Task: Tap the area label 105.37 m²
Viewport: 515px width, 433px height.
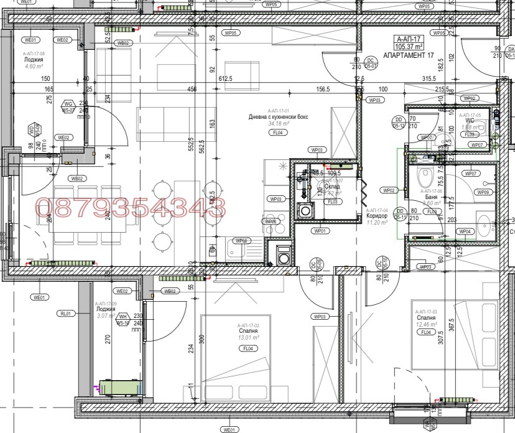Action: point(410,46)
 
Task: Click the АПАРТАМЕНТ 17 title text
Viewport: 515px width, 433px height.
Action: point(409,55)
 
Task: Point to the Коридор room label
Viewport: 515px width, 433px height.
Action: point(377,216)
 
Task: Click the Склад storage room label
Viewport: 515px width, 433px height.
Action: point(332,186)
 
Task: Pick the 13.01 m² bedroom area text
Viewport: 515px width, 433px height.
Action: point(247,338)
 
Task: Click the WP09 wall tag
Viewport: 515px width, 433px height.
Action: point(483,192)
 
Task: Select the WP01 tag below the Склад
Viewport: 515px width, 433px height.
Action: point(321,231)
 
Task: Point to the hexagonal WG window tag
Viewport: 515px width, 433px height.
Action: point(69,104)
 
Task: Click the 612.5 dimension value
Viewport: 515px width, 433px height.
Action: point(225,79)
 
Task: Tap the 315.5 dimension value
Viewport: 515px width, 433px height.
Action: point(429,79)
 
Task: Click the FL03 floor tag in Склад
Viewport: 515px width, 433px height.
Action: point(333,202)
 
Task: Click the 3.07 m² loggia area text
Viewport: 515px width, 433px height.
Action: point(106,316)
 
